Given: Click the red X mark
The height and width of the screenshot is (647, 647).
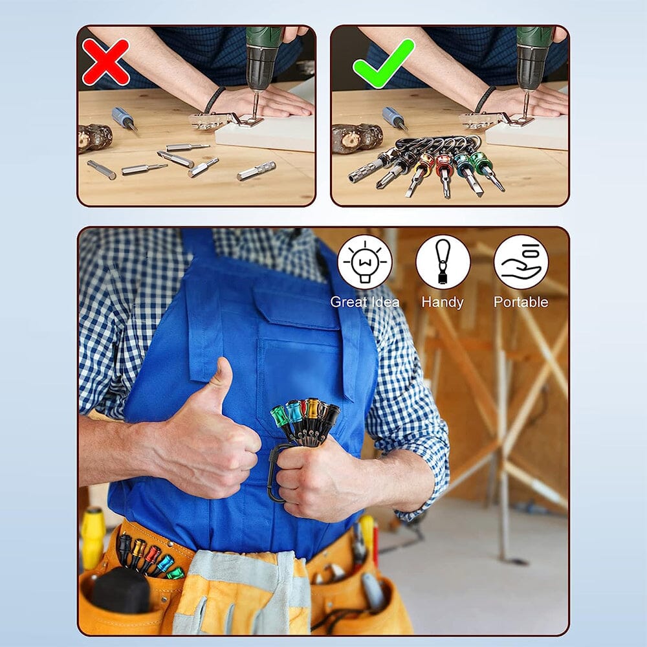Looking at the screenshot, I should click(105, 62).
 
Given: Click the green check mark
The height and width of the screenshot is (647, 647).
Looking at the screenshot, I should click(383, 63).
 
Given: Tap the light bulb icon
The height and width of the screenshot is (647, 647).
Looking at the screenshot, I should click(364, 262).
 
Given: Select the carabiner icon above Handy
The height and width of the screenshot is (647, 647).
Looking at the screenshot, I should click(443, 262).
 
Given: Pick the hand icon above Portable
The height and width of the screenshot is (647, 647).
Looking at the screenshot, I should click(521, 262).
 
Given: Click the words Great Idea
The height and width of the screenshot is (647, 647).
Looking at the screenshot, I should click(364, 302).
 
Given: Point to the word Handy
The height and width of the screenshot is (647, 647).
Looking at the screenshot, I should click(443, 302).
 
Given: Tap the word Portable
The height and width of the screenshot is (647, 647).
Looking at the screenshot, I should click(521, 302).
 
